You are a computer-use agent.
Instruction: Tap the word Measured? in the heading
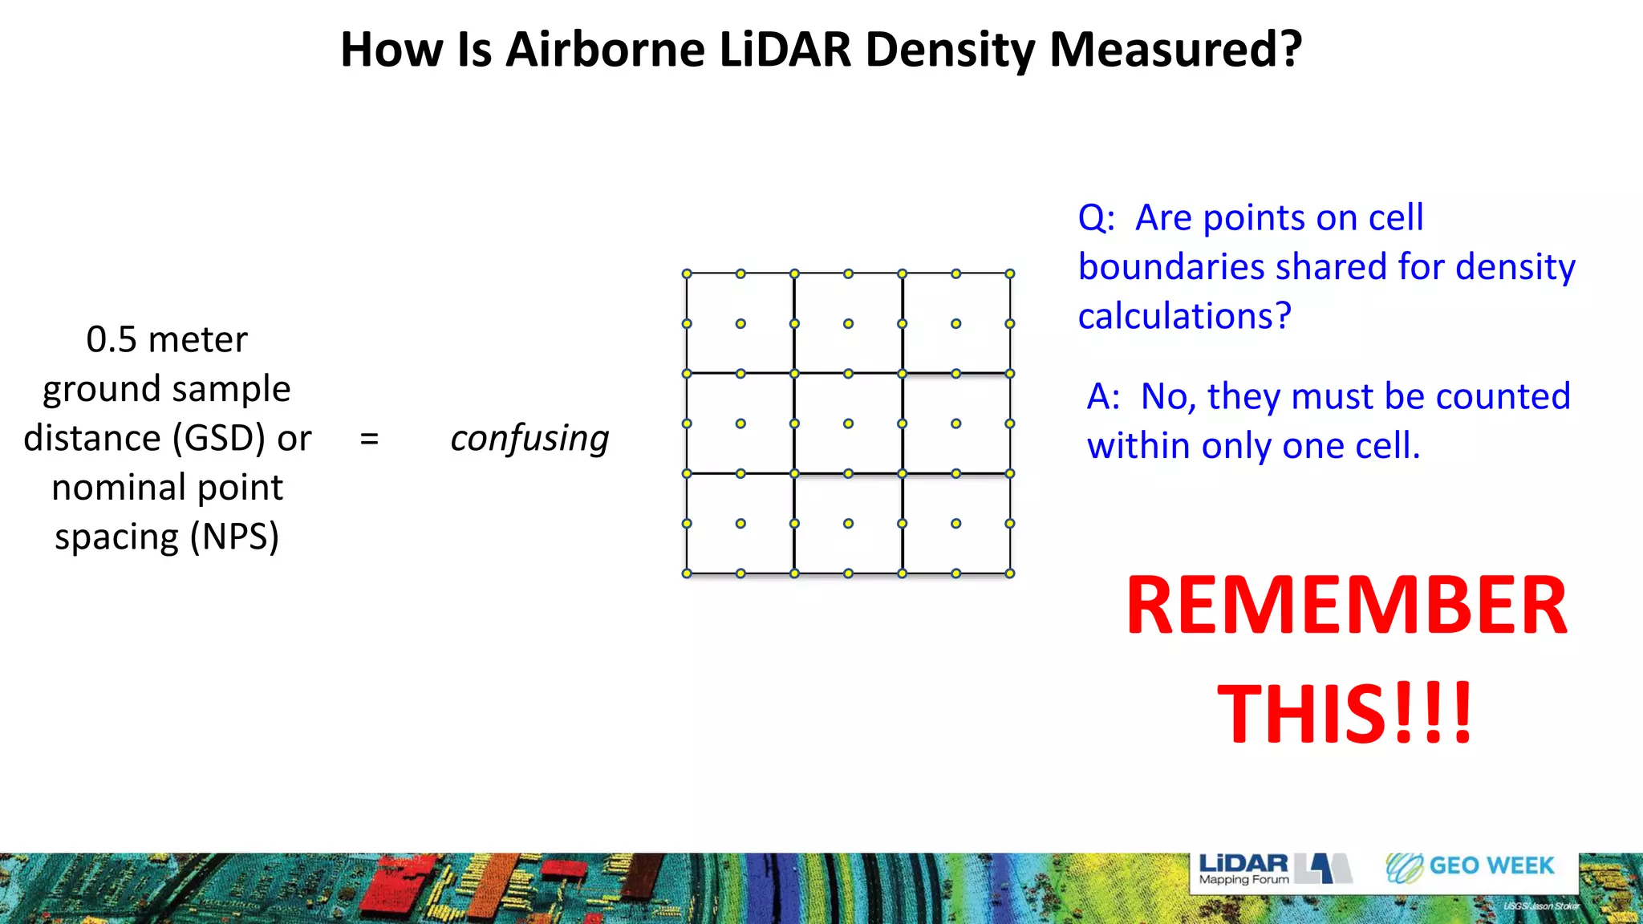pos(1175,50)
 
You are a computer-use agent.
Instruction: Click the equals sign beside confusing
pos(369,439)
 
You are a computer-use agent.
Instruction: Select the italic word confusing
pos(529,439)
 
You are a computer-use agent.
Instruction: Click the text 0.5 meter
pos(167,339)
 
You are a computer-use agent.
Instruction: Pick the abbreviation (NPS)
pos(234,537)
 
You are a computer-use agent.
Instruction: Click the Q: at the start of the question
pos(1096,218)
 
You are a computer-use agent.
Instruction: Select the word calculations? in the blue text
pos(1184,316)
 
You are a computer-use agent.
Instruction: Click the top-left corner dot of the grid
pos(687,274)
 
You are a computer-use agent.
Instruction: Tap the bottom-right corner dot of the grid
pos(1010,573)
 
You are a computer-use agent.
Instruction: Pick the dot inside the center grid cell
pos(848,423)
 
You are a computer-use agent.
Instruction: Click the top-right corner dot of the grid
pos(1010,274)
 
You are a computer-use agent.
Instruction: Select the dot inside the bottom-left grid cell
pos(740,524)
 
